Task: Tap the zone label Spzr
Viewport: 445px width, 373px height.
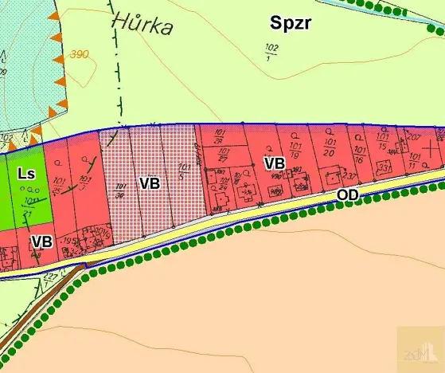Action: point(290,24)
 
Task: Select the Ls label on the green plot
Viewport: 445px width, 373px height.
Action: point(26,173)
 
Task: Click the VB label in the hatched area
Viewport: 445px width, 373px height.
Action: point(149,183)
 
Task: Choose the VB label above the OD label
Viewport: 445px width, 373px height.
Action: point(275,163)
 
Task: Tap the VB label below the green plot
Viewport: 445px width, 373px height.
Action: point(42,241)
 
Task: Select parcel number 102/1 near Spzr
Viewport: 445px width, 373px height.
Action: point(270,52)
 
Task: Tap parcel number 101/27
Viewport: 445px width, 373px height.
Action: point(225,154)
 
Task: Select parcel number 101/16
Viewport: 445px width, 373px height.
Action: point(358,155)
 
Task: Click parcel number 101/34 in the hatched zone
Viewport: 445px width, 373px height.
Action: point(122,189)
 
